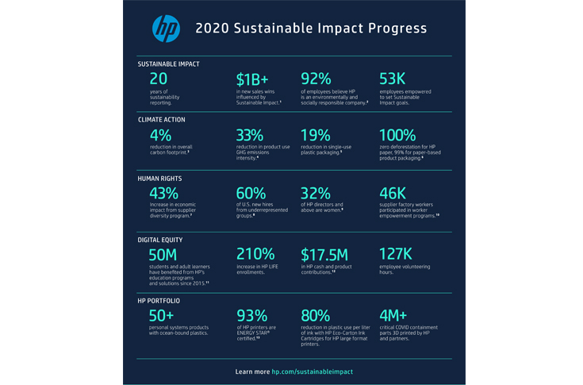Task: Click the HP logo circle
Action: pyautogui.click(x=166, y=29)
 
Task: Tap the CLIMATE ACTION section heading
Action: pyautogui.click(x=162, y=119)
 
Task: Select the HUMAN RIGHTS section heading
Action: pyautogui.click(x=159, y=179)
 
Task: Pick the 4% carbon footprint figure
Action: pyautogui.click(x=160, y=135)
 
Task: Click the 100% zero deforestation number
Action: pyautogui.click(x=403, y=135)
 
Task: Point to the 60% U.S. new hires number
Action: pyautogui.click(x=252, y=194)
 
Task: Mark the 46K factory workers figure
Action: pyautogui.click(x=396, y=194)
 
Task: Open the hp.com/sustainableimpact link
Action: pyautogui.click(x=312, y=372)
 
